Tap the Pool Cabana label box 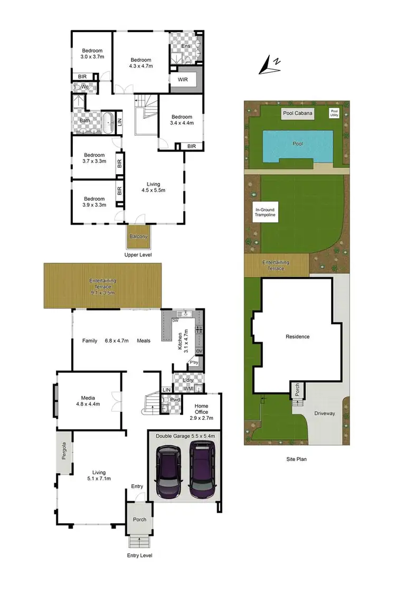coord(297,113)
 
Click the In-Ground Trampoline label coord(265,212)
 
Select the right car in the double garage coord(201,471)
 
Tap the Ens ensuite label coord(185,46)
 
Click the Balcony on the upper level coord(138,237)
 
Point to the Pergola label coord(64,450)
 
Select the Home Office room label coord(202,409)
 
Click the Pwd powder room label coord(175,400)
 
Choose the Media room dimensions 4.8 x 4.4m coord(88,404)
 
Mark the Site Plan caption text coord(294,459)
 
